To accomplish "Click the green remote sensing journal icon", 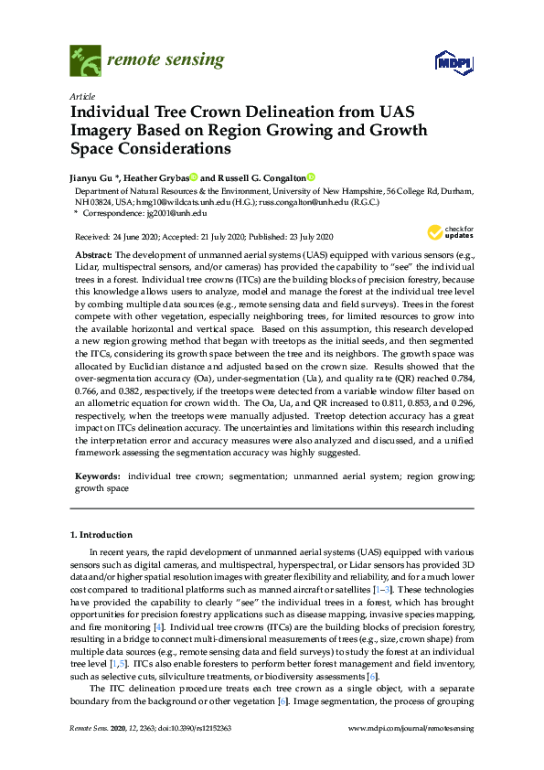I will (85, 61).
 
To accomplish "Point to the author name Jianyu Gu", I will (94, 177).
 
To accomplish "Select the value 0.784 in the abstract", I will (458, 374).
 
